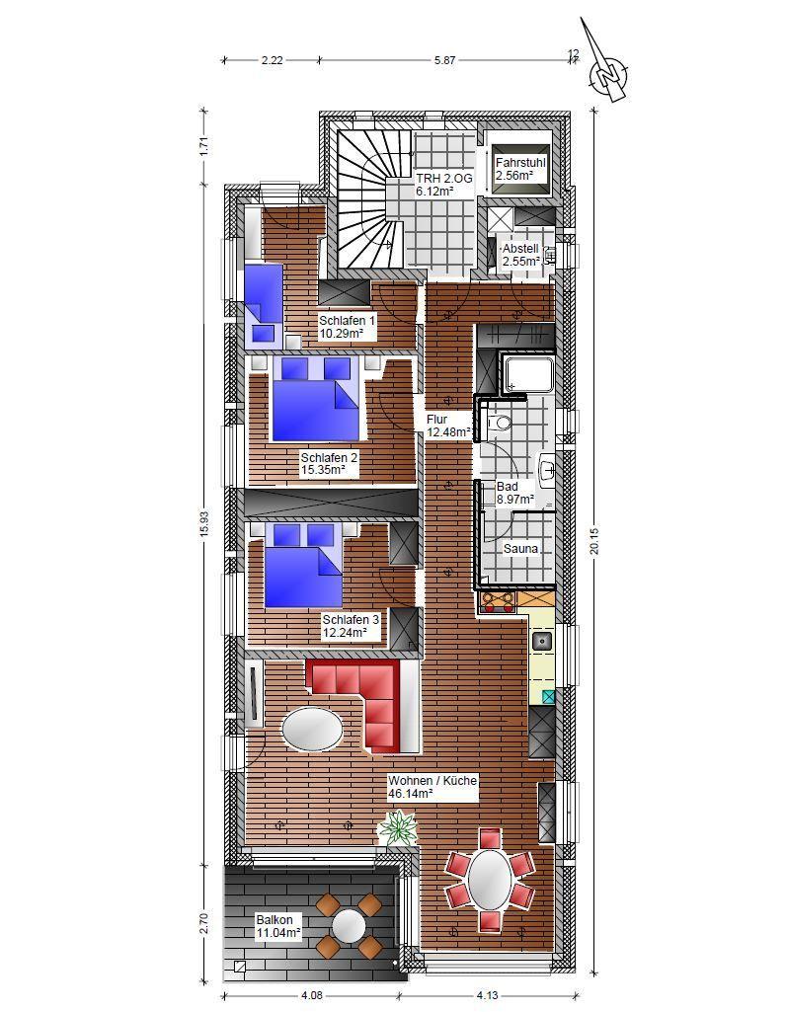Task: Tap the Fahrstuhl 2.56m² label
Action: click(x=520, y=169)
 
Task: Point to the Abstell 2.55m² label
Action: click(x=520, y=255)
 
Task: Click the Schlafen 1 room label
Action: click(x=347, y=327)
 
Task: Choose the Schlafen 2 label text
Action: click(x=329, y=464)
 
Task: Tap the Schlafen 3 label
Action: click(x=352, y=626)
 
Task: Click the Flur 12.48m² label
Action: click(x=448, y=426)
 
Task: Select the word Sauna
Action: click(x=520, y=549)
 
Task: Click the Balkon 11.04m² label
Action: click(x=278, y=926)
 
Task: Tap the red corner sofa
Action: click(x=363, y=705)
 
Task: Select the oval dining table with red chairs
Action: click(x=491, y=881)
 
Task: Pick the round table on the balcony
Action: click(x=350, y=925)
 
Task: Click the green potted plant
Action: click(x=397, y=828)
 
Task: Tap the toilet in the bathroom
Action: click(x=499, y=424)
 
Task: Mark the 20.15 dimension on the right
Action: click(x=594, y=541)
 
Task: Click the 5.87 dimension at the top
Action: click(x=444, y=60)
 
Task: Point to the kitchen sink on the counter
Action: click(x=542, y=641)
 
